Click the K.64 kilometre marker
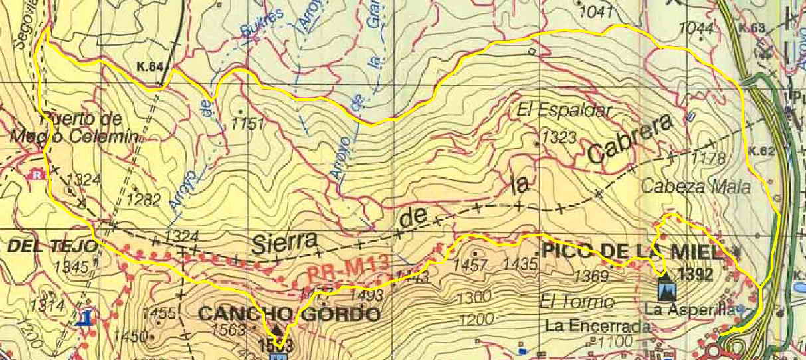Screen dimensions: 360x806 [150, 67]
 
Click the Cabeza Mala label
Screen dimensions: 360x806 [696, 187]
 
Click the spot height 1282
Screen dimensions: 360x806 [144, 199]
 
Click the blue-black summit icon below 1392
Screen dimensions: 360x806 [666, 290]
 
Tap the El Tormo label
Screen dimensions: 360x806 [577, 302]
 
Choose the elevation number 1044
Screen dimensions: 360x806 [697, 28]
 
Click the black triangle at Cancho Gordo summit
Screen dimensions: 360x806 [278, 329]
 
